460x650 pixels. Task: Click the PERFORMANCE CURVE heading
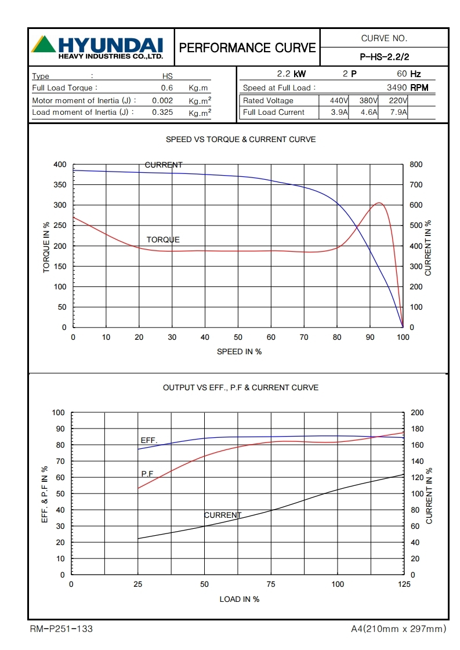(x=248, y=48)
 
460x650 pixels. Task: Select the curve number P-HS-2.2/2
(x=384, y=57)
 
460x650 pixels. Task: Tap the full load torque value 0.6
(x=167, y=88)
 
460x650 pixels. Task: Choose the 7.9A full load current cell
(x=397, y=112)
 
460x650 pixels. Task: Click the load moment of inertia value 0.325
(x=162, y=112)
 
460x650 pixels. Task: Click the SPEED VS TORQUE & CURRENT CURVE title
(x=241, y=140)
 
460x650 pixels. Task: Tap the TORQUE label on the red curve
(x=163, y=239)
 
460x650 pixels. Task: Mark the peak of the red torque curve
(x=379, y=203)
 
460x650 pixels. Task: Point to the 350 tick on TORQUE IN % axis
(x=60, y=185)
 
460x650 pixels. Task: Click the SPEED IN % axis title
(x=239, y=351)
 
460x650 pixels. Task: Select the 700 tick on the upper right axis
(x=416, y=185)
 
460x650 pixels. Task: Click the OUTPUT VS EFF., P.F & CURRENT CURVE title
(x=241, y=387)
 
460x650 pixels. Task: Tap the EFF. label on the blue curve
(x=149, y=441)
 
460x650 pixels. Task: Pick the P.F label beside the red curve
(x=147, y=474)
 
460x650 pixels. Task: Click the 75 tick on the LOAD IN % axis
(x=271, y=584)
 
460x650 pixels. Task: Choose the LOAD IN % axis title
(x=239, y=599)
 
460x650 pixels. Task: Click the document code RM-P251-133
(x=61, y=629)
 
